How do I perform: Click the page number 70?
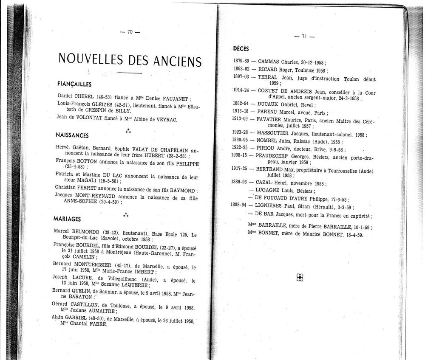(130, 32)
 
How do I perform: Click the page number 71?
(304, 37)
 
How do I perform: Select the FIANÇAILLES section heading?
(74, 84)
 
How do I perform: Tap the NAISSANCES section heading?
(72, 135)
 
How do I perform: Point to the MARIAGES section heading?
(67, 219)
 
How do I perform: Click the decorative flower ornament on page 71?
(300, 278)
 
